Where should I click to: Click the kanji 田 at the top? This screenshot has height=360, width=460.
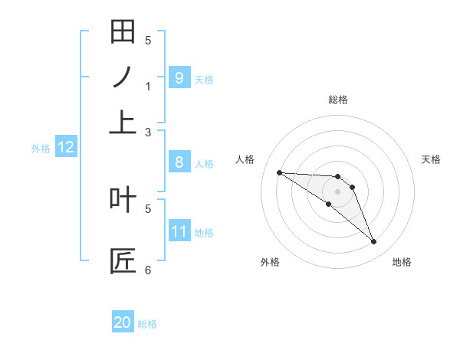click(x=123, y=31)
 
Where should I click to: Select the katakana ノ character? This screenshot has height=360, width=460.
click(x=123, y=77)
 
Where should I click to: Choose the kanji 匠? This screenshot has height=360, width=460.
click(x=123, y=260)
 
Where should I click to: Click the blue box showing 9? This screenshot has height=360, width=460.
click(x=179, y=77)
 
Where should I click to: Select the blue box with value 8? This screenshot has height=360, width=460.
click(x=179, y=162)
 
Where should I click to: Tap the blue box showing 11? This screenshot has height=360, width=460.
click(x=179, y=231)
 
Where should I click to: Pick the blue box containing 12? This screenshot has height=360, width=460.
click(x=66, y=147)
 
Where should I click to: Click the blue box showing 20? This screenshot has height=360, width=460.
click(x=123, y=322)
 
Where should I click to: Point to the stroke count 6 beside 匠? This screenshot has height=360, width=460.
click(x=148, y=270)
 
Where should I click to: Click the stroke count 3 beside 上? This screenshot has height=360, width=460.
click(x=148, y=133)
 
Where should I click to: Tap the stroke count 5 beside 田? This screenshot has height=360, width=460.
click(x=148, y=41)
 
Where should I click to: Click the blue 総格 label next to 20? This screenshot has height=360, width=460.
click(x=147, y=324)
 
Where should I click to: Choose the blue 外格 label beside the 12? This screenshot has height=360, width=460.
click(x=41, y=149)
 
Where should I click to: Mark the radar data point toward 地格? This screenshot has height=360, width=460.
click(x=373, y=242)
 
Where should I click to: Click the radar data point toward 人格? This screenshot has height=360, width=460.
click(x=279, y=172)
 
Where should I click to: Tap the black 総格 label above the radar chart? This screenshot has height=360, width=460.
click(x=338, y=100)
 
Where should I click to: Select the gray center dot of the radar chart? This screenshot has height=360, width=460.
click(x=338, y=191)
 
